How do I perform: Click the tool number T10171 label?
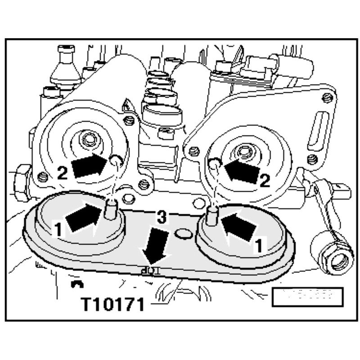pos(112,304)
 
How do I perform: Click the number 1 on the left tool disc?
pos(58,230)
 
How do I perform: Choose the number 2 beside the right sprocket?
pos(265,181)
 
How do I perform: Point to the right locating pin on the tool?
pos(213,216)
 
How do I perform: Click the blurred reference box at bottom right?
pos(307,297)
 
